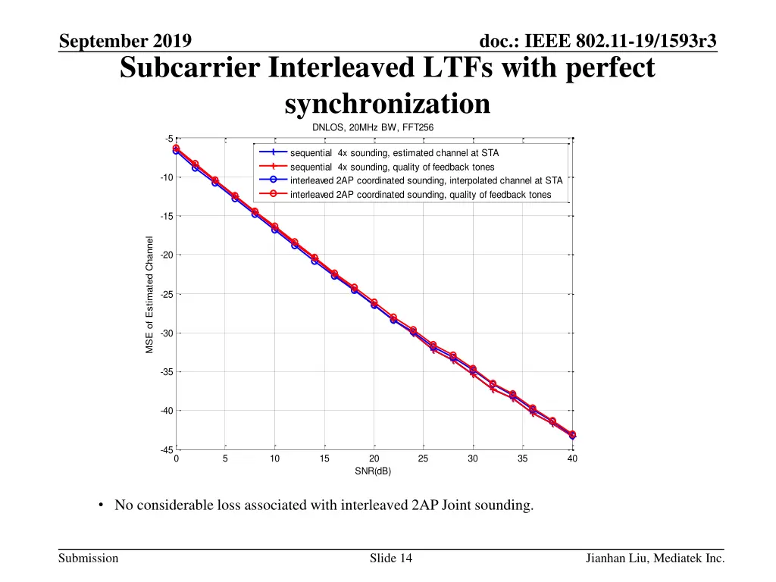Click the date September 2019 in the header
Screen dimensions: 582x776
click(x=125, y=41)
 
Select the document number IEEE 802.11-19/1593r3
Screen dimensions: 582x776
click(x=599, y=41)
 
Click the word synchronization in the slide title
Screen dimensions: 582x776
click(x=387, y=104)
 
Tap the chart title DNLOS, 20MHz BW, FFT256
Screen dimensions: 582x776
click(x=373, y=127)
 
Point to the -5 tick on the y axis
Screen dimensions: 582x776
click(x=169, y=139)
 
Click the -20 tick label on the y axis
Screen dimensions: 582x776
click(x=167, y=255)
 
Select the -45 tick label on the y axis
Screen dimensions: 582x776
click(x=167, y=450)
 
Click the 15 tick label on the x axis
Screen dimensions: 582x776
click(x=324, y=458)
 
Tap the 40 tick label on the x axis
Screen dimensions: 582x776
click(x=572, y=458)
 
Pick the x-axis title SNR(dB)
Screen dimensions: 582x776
click(x=373, y=471)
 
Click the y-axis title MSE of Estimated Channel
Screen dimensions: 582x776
click(x=150, y=295)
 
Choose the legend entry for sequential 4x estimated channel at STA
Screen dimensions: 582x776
click(x=394, y=153)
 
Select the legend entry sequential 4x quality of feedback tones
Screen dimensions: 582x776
click(x=392, y=167)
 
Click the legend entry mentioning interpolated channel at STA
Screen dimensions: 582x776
click(x=426, y=180)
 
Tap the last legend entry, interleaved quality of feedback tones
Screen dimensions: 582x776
click(x=421, y=195)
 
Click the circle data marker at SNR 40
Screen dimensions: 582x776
click(x=572, y=435)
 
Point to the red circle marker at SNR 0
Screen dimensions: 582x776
click(x=176, y=148)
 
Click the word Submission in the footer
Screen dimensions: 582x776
click(x=88, y=559)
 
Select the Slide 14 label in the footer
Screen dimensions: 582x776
click(x=391, y=559)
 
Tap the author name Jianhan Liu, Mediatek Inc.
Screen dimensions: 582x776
click(x=655, y=559)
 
